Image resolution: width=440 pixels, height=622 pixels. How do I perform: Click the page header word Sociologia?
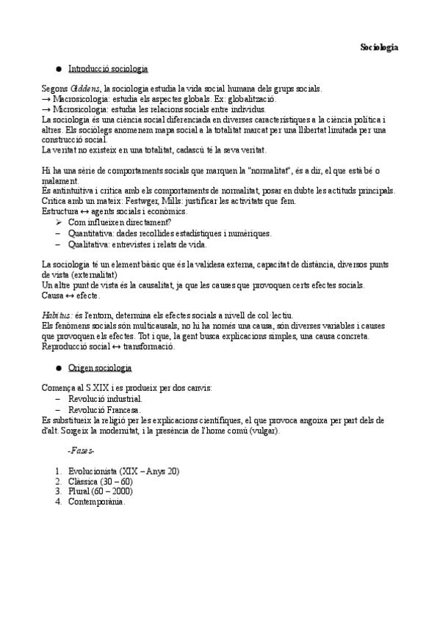(379, 47)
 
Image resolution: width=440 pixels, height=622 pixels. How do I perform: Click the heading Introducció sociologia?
(108, 69)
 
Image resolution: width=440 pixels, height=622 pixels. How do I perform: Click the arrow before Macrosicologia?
(46, 99)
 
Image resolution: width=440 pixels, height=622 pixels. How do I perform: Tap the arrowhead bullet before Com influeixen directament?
(58, 222)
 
